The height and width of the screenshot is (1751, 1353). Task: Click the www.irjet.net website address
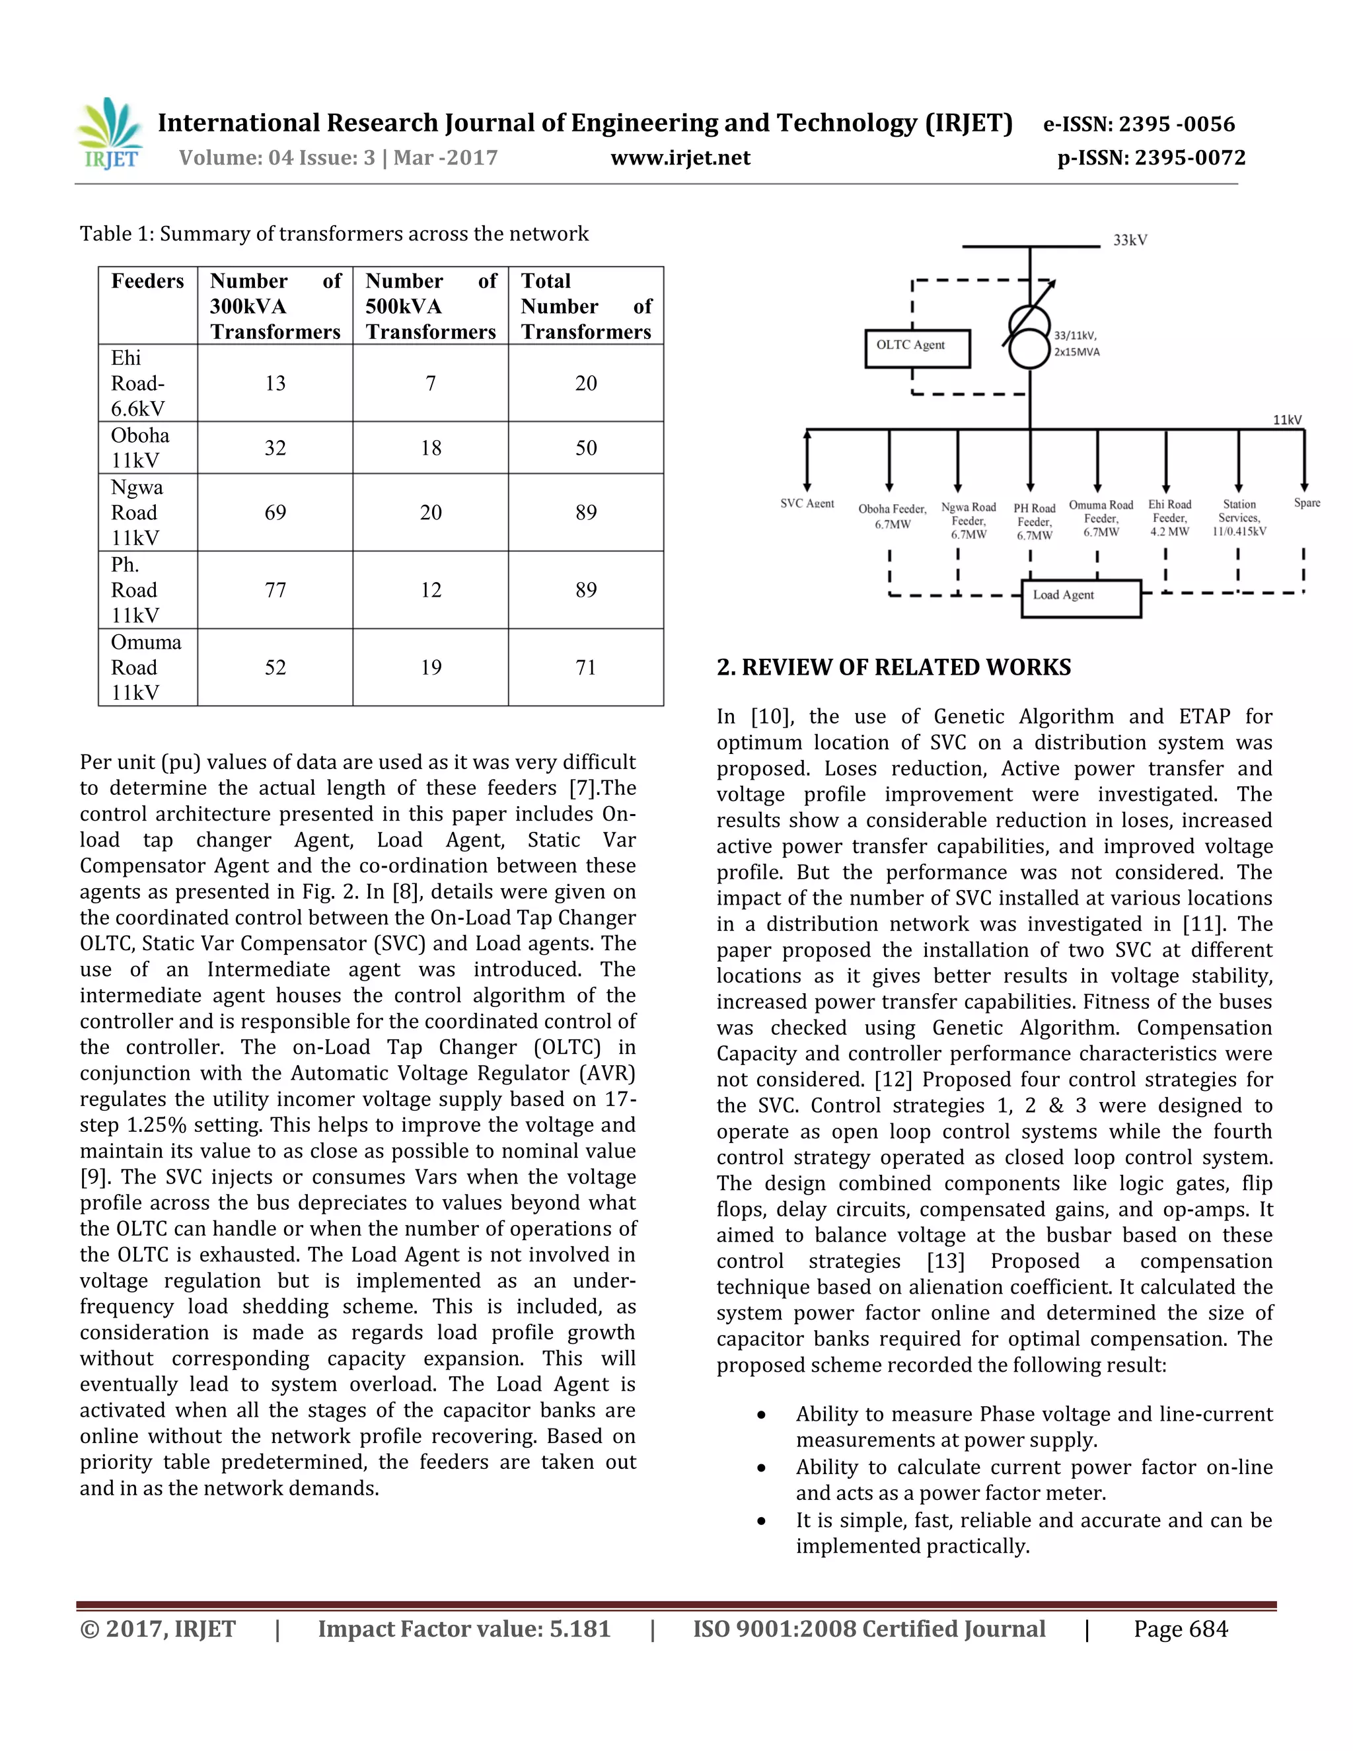pos(680,157)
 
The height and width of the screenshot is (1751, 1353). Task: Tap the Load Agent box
pos(1079,598)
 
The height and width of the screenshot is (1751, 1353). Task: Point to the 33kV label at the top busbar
pos(1129,241)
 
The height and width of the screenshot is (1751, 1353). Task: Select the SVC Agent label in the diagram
pos(807,503)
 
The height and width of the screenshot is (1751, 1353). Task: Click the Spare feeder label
pos(1307,503)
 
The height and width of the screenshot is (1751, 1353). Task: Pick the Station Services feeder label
pos(1239,517)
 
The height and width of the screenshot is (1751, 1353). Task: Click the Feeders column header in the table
pos(147,281)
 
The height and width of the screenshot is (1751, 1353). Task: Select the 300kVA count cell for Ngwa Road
pos(275,512)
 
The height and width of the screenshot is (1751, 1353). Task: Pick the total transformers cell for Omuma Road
pos(586,667)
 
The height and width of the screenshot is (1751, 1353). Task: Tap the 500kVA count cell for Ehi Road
pos(431,383)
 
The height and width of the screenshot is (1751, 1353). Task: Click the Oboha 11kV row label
pos(140,447)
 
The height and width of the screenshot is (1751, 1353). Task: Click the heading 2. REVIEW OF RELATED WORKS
pos(893,667)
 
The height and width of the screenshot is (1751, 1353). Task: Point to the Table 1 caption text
pos(334,234)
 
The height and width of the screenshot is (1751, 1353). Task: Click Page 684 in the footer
pos(1180,1629)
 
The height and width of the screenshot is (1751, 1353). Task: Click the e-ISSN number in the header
pos(1138,124)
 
